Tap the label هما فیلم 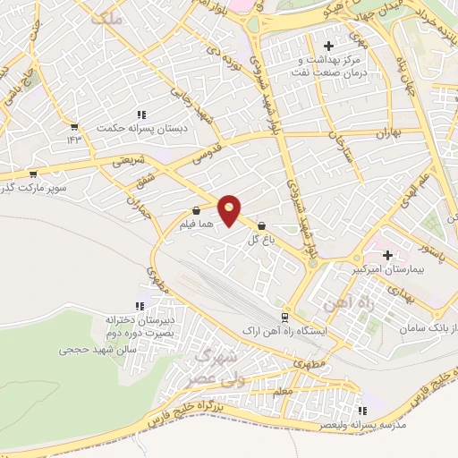195,225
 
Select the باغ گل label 261,239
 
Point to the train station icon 284,317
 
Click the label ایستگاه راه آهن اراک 284,331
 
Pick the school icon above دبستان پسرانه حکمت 140,114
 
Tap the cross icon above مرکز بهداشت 328,46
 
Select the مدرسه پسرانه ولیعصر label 362,425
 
